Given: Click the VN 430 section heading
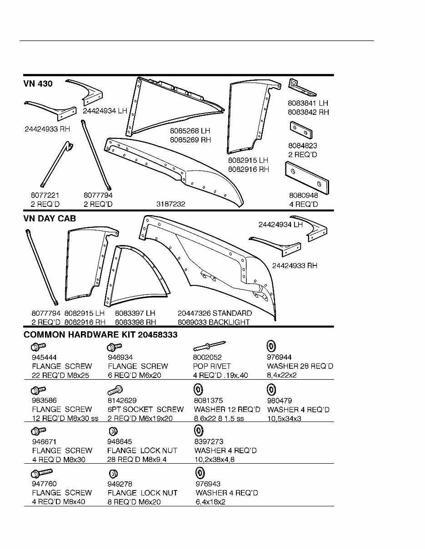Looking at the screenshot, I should [x=38, y=84].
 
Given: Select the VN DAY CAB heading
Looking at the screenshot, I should [x=50, y=219].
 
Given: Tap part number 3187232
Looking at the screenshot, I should [x=170, y=204].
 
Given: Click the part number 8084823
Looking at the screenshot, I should [x=302, y=146].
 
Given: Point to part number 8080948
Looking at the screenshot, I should [x=303, y=195].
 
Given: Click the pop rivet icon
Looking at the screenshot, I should [x=209, y=347].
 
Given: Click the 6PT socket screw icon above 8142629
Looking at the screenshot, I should [x=115, y=390].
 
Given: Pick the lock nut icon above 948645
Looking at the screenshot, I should [x=114, y=431].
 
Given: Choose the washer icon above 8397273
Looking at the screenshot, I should [x=198, y=431].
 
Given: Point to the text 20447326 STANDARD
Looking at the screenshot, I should [x=215, y=313].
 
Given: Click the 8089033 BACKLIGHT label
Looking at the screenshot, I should [x=214, y=322].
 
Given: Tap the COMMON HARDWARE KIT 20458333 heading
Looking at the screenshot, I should [x=100, y=335].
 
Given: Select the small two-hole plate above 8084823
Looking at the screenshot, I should [x=300, y=130].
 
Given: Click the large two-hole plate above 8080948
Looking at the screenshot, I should [x=307, y=178].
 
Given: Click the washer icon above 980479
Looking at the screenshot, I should [x=271, y=389].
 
